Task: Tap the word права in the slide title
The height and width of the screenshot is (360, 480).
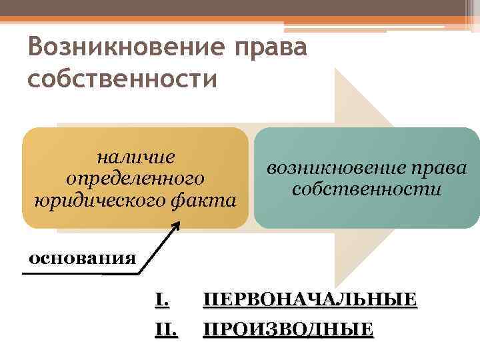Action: click(271, 49)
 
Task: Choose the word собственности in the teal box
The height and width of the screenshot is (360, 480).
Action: click(366, 189)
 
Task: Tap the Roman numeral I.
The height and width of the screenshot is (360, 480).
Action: click(161, 300)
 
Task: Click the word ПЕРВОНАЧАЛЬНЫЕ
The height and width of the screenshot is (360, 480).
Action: click(310, 300)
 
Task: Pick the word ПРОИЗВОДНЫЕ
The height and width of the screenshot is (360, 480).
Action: click(288, 329)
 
